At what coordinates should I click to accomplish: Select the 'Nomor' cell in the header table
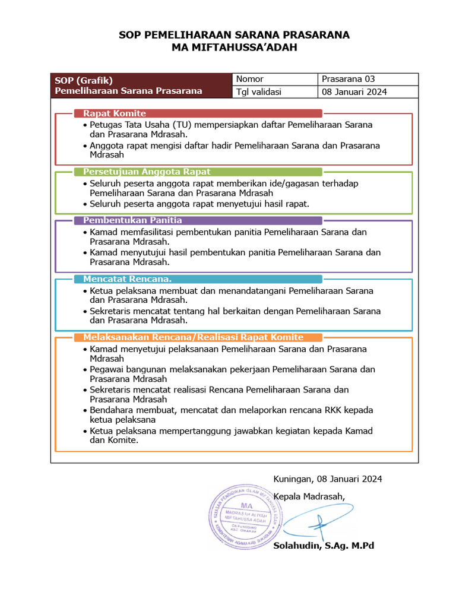point(250,80)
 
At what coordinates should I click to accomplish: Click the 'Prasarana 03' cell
point(348,80)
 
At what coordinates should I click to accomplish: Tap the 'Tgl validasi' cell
point(259,92)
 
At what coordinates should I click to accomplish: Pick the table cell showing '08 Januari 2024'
point(354,92)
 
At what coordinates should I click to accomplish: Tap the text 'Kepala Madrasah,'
point(308,496)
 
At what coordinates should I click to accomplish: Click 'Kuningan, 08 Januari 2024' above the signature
point(327,479)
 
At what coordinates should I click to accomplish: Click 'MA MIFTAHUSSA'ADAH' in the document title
point(234,47)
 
